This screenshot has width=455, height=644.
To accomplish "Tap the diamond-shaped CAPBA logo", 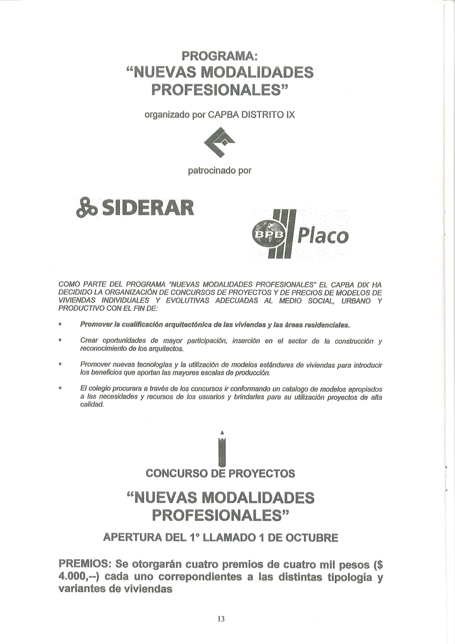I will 219,142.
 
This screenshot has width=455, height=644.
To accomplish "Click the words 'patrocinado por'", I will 219,171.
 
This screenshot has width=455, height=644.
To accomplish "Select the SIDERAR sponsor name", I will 148,208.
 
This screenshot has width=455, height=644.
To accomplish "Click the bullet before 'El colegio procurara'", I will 60,388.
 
